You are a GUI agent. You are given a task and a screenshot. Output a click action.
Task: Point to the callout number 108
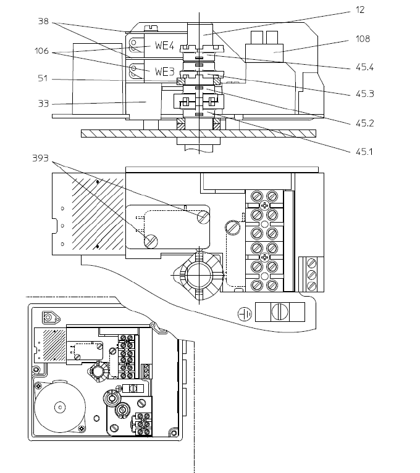[363, 39]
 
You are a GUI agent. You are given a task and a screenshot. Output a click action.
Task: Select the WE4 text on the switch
[165, 46]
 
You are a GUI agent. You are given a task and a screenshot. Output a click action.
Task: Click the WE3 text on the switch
[165, 72]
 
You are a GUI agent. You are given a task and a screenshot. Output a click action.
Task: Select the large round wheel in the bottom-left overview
[60, 406]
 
